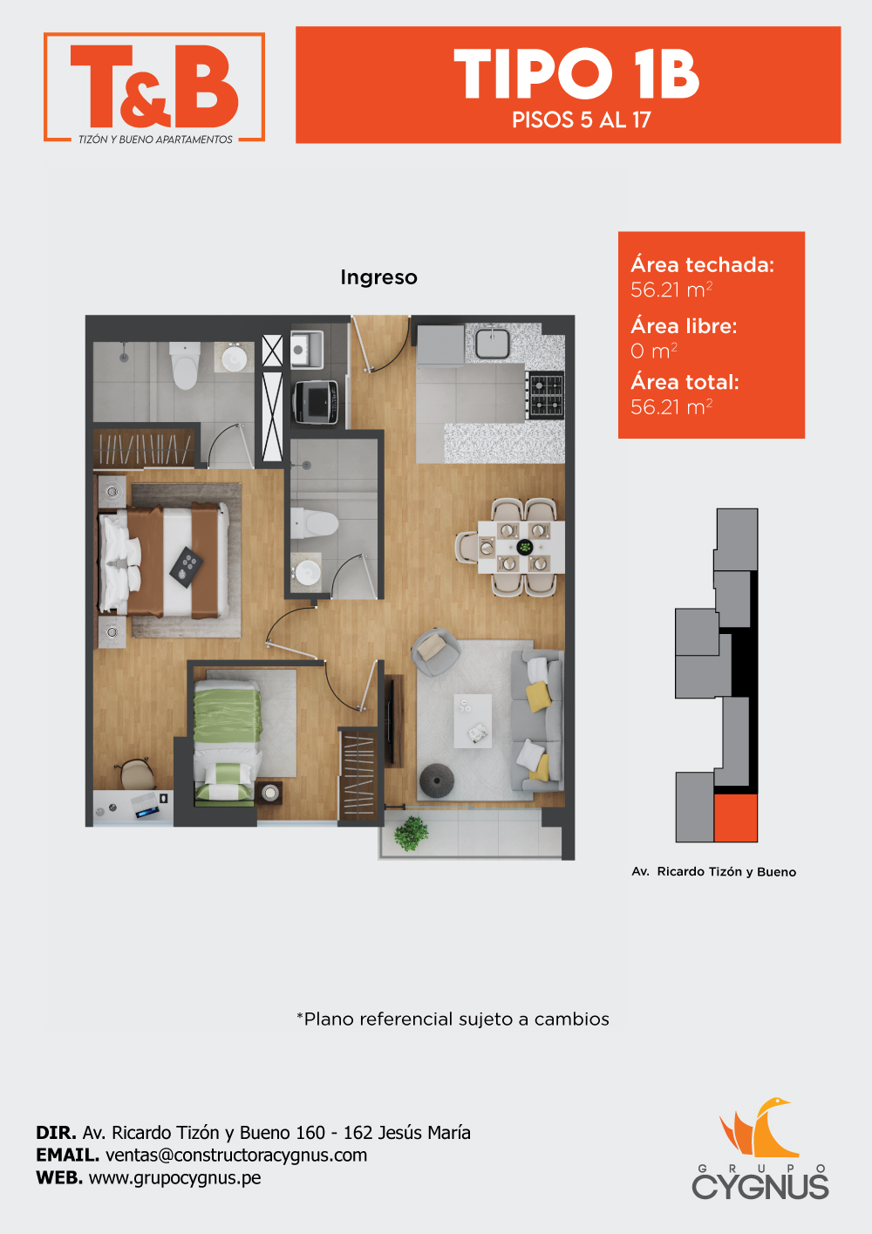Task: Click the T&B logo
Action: point(154,87)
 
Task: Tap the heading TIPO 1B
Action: point(576,74)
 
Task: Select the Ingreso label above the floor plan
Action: point(378,277)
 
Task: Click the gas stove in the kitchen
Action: point(545,394)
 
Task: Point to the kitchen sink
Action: point(493,343)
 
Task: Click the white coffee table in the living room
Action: point(473,720)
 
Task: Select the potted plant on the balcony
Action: point(411,833)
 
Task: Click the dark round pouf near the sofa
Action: point(437,781)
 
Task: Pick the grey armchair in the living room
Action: point(435,652)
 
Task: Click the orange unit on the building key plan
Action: point(735,817)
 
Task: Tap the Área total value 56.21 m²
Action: point(671,407)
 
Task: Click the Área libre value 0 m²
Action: point(654,351)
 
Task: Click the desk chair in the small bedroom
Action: point(135,774)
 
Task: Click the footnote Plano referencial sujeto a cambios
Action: point(453,1019)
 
